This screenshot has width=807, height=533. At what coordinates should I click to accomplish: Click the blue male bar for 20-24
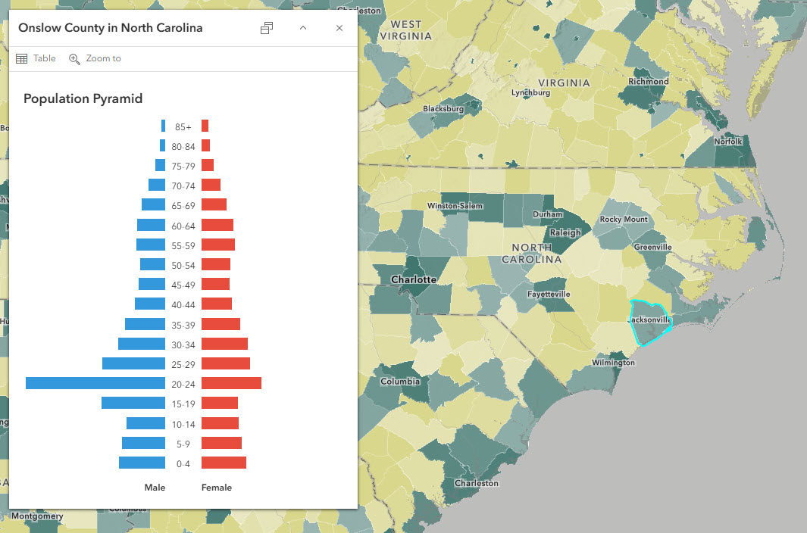[95, 383]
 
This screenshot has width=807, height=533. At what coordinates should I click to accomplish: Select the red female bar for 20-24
[231, 383]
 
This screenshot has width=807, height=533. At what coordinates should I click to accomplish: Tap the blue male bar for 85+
[163, 126]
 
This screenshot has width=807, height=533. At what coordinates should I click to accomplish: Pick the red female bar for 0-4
[224, 463]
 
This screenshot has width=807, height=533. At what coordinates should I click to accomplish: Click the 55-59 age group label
[183, 245]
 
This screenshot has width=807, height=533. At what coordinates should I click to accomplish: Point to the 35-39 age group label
[183, 324]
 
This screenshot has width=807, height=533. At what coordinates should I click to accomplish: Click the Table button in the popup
[36, 58]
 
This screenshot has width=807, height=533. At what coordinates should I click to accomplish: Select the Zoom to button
[95, 58]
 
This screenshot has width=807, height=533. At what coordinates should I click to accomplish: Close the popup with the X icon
[339, 28]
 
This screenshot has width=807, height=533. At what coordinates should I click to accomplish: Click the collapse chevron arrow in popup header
[303, 28]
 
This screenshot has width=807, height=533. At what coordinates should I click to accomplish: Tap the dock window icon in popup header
[267, 28]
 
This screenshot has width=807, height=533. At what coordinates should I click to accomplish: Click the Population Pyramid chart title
[83, 98]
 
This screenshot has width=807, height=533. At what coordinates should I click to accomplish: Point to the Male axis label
[155, 488]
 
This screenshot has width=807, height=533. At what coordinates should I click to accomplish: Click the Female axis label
[217, 488]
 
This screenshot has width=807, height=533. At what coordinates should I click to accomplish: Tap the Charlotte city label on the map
[413, 279]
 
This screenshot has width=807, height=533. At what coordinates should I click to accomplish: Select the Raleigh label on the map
[565, 232]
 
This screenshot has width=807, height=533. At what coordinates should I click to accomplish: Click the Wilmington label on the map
[613, 363]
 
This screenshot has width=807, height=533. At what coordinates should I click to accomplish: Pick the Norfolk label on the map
[729, 142]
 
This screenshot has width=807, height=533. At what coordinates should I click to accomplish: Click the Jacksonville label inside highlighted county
[649, 319]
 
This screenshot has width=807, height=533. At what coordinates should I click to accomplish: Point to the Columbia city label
[400, 381]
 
